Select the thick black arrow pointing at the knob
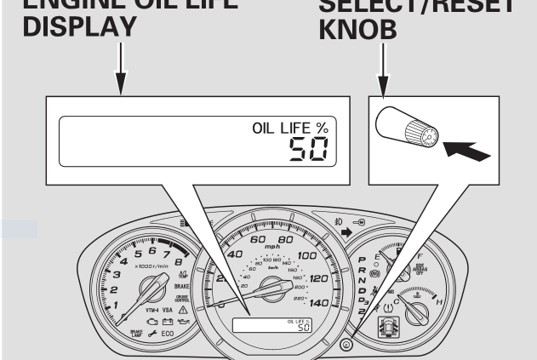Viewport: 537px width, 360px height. (x=471, y=151)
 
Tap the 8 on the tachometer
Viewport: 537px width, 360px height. (x=180, y=255)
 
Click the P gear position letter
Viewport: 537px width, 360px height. (x=363, y=260)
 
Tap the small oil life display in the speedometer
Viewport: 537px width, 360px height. (x=273, y=325)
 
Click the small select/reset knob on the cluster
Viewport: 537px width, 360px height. (x=346, y=345)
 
